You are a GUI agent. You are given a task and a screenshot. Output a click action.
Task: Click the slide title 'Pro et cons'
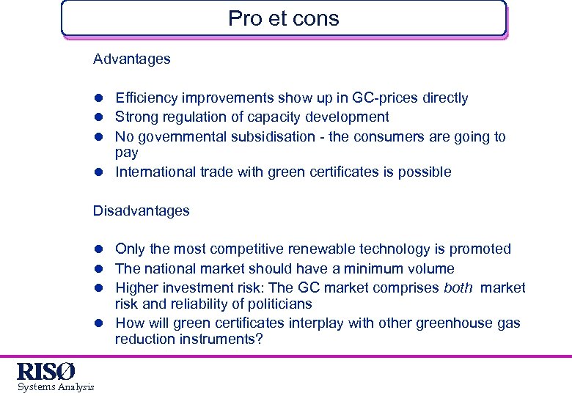283,18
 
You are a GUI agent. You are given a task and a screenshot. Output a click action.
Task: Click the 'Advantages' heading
131,59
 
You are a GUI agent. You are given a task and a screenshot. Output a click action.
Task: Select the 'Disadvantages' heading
141,211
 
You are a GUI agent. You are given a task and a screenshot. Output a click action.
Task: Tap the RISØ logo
45,371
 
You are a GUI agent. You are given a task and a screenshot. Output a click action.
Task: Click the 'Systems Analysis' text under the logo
56,386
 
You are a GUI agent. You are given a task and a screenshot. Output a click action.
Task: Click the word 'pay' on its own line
126,153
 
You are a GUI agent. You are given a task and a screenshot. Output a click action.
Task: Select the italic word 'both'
458,288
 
